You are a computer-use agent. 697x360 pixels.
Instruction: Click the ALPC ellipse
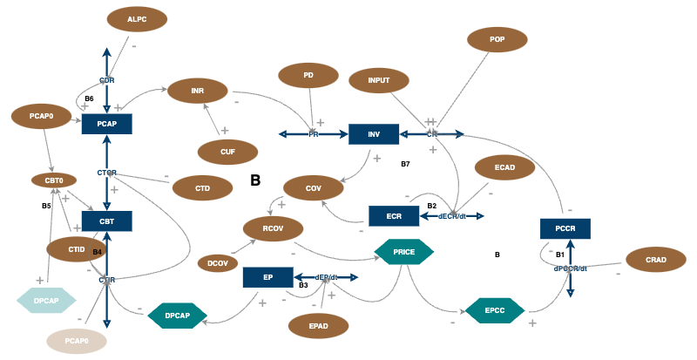tap(137, 19)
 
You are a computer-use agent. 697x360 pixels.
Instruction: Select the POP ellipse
tap(497, 39)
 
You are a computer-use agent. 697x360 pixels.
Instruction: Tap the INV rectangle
tap(374, 134)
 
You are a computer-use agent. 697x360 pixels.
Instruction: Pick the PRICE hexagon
tap(403, 251)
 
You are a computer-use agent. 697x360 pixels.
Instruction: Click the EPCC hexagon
tap(494, 309)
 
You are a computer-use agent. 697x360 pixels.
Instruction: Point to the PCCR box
tap(565, 229)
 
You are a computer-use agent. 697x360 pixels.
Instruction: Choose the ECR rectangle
tap(394, 216)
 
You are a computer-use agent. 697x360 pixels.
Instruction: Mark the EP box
tap(267, 278)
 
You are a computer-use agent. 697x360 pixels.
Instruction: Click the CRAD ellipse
tap(656, 261)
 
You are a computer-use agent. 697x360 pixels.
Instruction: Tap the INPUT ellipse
tap(379, 81)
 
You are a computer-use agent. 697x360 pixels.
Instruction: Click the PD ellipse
tap(308, 76)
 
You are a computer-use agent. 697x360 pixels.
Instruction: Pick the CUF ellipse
tap(227, 152)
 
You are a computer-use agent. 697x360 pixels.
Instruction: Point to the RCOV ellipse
tap(272, 229)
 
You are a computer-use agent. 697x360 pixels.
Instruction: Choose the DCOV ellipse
tap(218, 262)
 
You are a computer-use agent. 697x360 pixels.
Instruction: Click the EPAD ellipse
tap(318, 326)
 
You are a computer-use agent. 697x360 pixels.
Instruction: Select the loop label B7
tap(405, 164)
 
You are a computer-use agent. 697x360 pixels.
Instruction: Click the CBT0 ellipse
tap(48, 180)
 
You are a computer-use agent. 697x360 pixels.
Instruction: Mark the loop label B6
tap(89, 98)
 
